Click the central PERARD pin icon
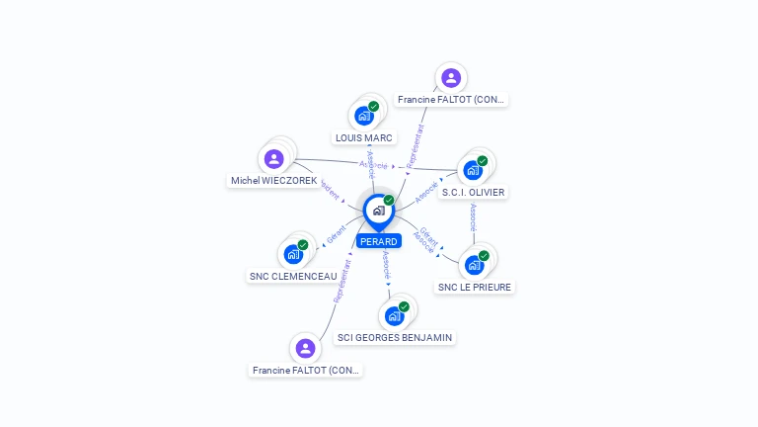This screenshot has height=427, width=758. pyautogui.click(x=378, y=210)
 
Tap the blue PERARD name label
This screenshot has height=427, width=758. pyautogui.click(x=379, y=241)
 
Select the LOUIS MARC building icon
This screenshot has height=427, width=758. pyautogui.click(x=364, y=116)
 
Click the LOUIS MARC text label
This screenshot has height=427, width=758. pyautogui.click(x=364, y=138)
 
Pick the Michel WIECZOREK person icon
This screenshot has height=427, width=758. pyautogui.click(x=274, y=158)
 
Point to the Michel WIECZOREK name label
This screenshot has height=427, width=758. pyautogui.click(x=274, y=181)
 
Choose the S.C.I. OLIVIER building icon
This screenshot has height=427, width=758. pyautogui.click(x=473, y=170)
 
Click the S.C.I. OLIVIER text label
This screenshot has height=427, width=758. pyautogui.click(x=473, y=193)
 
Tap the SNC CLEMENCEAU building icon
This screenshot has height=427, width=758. pyautogui.click(x=293, y=254)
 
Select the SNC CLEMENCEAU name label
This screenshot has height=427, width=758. pyautogui.click(x=293, y=277)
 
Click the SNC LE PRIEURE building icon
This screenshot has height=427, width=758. pyautogui.click(x=474, y=265)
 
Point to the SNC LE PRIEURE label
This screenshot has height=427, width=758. pyautogui.click(x=475, y=288)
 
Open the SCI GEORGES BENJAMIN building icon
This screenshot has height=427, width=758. pyautogui.click(x=394, y=315)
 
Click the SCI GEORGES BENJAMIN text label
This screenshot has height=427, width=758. pyautogui.click(x=395, y=338)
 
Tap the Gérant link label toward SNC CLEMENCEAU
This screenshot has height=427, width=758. pyautogui.click(x=336, y=235)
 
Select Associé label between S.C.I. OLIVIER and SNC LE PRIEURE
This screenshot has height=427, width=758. pyautogui.click(x=474, y=217)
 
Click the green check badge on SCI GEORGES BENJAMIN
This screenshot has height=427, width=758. pyautogui.click(x=404, y=306)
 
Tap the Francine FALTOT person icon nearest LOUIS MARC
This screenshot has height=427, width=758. pyautogui.click(x=451, y=77)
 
